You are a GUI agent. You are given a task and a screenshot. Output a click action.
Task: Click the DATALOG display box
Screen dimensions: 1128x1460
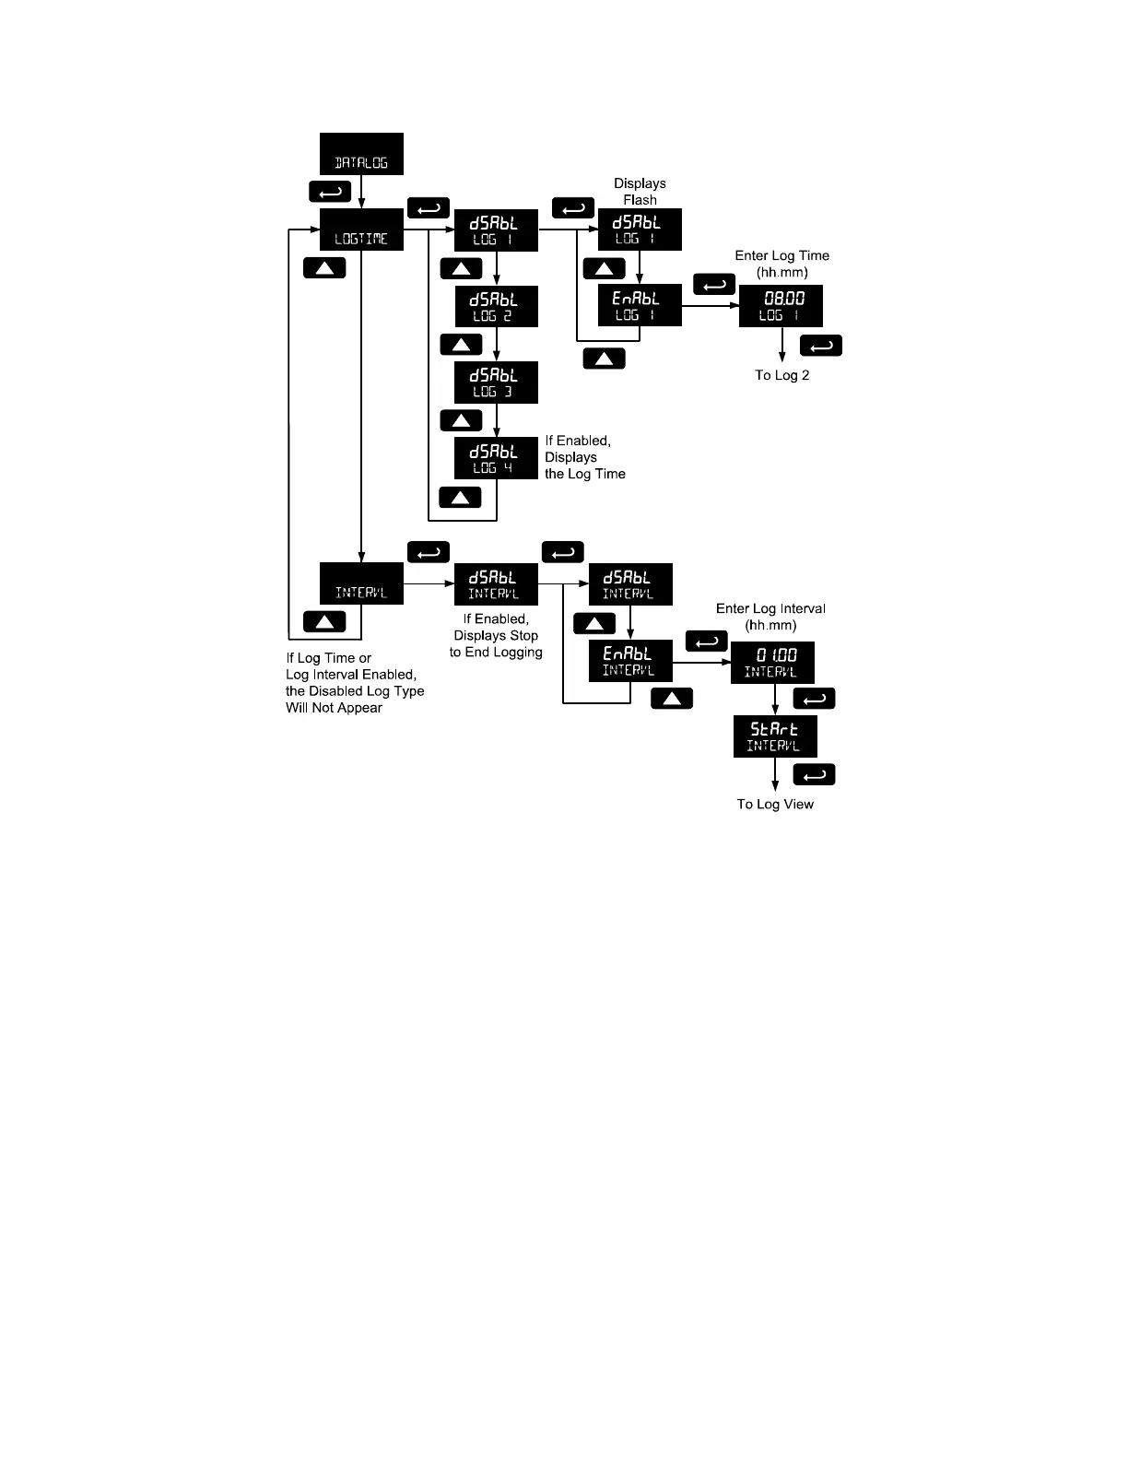(x=361, y=154)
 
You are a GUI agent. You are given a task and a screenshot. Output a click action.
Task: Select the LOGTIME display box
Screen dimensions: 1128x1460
(x=361, y=230)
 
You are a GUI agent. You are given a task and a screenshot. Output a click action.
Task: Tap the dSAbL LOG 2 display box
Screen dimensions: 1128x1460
(x=496, y=306)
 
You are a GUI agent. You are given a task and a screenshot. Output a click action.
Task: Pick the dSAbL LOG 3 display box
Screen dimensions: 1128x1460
(x=496, y=382)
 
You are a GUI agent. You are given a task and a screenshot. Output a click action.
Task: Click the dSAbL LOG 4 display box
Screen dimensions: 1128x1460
(x=496, y=458)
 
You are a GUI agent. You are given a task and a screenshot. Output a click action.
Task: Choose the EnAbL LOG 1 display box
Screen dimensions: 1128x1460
(x=640, y=305)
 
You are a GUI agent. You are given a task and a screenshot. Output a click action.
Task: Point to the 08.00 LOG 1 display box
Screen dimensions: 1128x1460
(x=781, y=306)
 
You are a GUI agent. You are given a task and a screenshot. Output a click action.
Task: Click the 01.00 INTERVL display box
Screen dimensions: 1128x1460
(x=772, y=663)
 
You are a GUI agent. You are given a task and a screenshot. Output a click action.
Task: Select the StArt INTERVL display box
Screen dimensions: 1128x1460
(x=775, y=736)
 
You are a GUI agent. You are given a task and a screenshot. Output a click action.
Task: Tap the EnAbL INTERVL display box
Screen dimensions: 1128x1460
(x=630, y=661)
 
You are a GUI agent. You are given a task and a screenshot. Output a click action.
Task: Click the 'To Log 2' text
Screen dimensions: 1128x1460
(x=782, y=375)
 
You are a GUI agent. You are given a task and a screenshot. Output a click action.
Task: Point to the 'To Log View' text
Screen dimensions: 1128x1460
(x=775, y=805)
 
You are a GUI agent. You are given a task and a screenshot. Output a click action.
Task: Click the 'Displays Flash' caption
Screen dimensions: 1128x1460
(x=640, y=192)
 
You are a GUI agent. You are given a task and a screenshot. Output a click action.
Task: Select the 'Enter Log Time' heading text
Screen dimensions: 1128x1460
(x=781, y=256)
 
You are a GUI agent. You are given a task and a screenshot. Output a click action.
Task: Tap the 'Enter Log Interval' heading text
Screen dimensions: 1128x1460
(x=770, y=609)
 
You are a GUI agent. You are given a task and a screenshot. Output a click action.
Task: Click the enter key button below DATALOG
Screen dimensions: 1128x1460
(x=330, y=192)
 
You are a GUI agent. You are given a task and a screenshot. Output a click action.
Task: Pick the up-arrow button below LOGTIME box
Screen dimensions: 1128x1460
(x=324, y=268)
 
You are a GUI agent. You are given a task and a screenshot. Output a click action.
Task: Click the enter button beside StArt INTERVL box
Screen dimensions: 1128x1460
(x=814, y=774)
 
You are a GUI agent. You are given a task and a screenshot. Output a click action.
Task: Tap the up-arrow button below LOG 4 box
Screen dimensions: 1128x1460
(x=461, y=498)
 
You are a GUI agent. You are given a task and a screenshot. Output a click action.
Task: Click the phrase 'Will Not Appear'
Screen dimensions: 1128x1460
(x=334, y=708)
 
